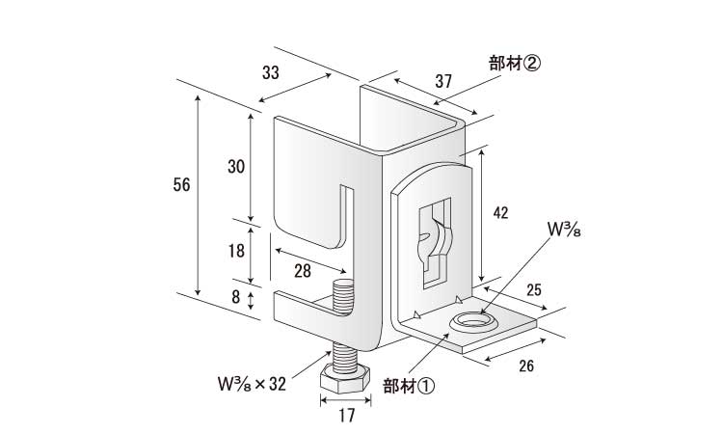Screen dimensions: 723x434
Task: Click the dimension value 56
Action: pyautogui.click(x=181, y=185)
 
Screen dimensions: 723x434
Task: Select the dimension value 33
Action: pyautogui.click(x=271, y=72)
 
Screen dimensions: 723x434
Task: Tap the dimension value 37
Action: pyautogui.click(x=443, y=81)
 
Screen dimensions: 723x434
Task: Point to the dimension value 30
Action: pyautogui.click(x=236, y=167)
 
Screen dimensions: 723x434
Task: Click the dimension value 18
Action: pyautogui.click(x=236, y=251)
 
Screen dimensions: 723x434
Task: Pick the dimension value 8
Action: pyautogui.click(x=235, y=297)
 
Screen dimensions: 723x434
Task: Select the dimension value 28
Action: pyautogui.click(x=303, y=271)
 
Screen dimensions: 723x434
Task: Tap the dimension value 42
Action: pyautogui.click(x=500, y=212)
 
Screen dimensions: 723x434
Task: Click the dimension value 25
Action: pyautogui.click(x=534, y=290)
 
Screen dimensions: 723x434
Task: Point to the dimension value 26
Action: pyautogui.click(x=526, y=366)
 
